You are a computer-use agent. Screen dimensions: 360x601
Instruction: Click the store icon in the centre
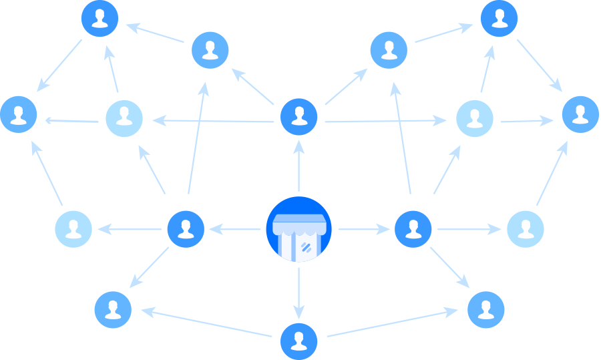(x=298, y=229)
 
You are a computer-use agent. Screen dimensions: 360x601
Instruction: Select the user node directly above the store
(x=298, y=116)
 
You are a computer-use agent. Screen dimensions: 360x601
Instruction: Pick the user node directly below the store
(x=298, y=341)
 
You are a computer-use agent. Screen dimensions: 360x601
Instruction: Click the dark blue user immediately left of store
(x=185, y=229)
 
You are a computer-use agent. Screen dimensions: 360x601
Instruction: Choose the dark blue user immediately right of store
(x=413, y=229)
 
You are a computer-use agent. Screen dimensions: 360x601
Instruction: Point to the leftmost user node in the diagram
(x=19, y=114)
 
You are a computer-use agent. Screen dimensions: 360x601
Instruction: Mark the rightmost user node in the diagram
(x=580, y=114)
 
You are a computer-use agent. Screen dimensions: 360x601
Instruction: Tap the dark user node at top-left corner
(x=100, y=19)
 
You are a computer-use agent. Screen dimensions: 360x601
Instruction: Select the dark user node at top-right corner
(x=499, y=19)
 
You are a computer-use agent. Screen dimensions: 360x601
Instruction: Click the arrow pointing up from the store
(x=298, y=167)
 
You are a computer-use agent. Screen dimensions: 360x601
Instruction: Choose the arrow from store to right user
(x=364, y=229)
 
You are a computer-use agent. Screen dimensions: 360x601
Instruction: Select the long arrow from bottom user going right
(x=391, y=323)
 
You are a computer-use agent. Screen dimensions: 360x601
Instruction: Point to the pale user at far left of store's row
(x=73, y=229)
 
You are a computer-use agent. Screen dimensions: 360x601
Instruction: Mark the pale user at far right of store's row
(x=526, y=229)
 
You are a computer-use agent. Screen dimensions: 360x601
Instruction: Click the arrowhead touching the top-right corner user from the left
(x=467, y=28)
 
